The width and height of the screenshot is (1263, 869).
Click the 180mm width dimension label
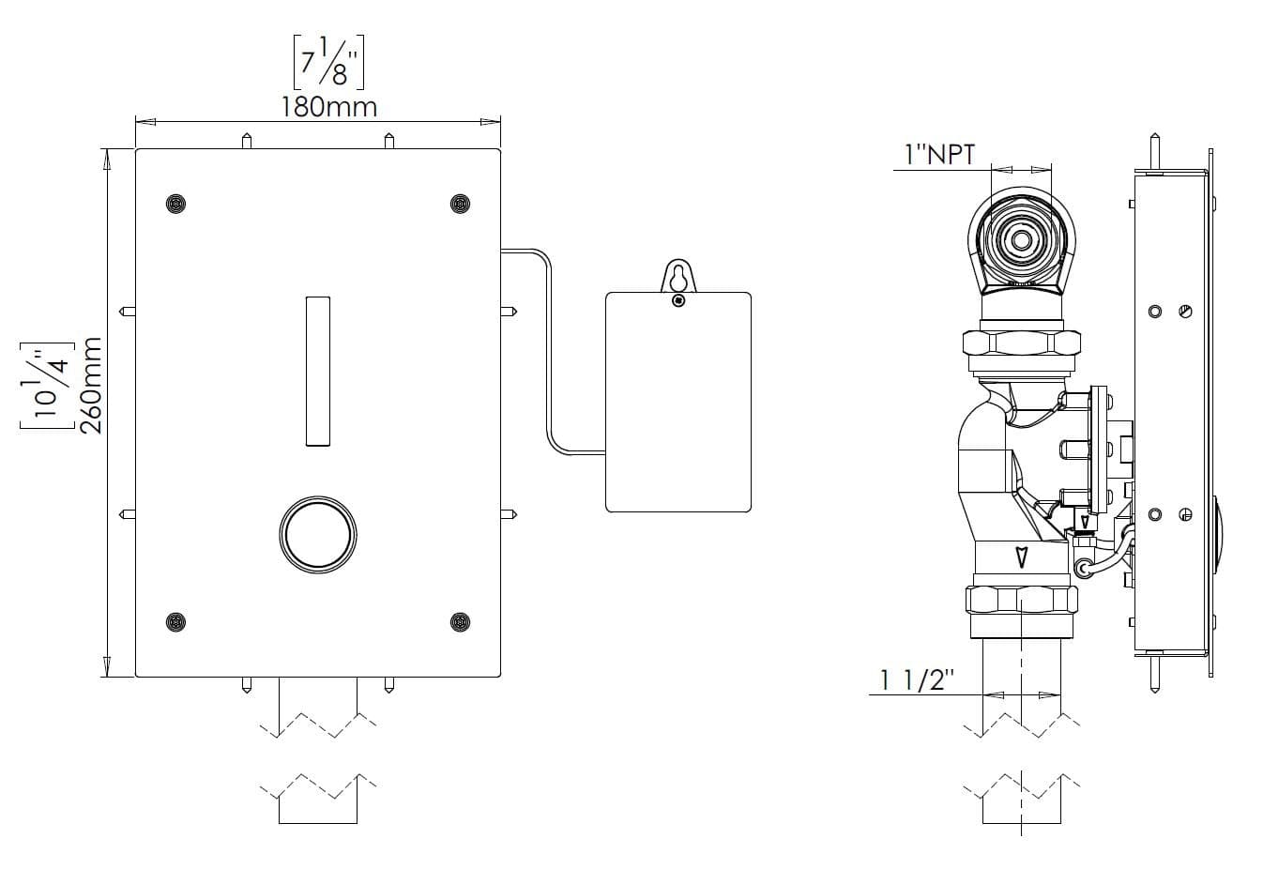pyautogui.click(x=329, y=107)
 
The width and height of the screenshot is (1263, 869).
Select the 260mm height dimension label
pyautogui.click(x=90, y=386)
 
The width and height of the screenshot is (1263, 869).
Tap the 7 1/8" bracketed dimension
pyautogui.click(x=328, y=62)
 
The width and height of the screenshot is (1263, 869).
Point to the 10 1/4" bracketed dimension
pyautogui.click(x=47, y=385)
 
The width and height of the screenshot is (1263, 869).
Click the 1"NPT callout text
pyautogui.click(x=940, y=155)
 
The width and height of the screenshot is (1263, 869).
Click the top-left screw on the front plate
pyautogui.click(x=176, y=204)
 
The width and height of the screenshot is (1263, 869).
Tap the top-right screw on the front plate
pyautogui.click(x=460, y=204)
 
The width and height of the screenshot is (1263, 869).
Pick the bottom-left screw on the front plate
pyautogui.click(x=176, y=622)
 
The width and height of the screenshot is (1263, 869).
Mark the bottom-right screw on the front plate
pyautogui.click(x=460, y=622)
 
